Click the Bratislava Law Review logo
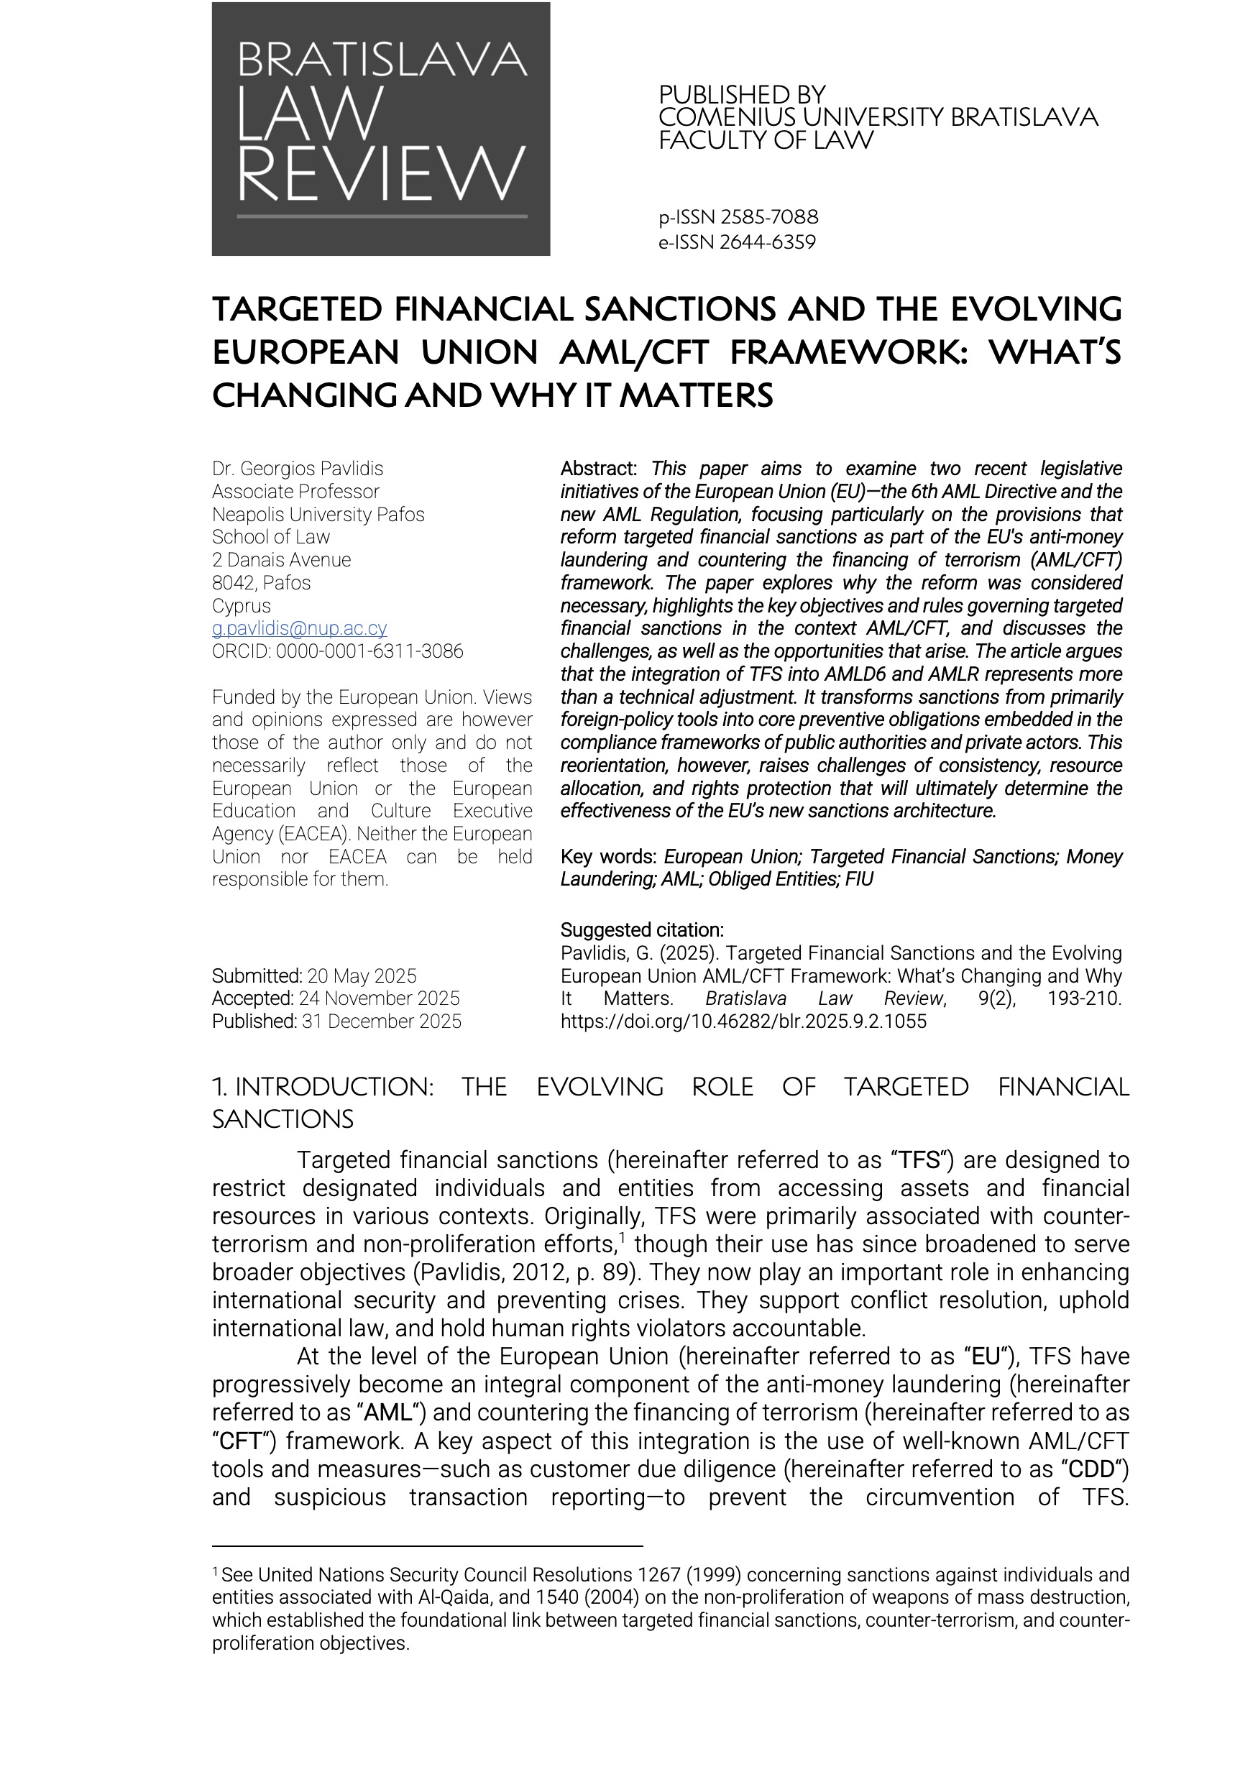point(380,129)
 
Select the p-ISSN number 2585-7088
point(769,216)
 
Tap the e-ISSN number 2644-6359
point(768,242)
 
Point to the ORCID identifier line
point(338,651)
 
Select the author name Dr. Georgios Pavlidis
point(297,469)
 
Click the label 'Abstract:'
point(598,469)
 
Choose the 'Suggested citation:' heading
point(642,929)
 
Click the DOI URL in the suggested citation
point(743,1021)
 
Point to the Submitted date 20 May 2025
point(362,975)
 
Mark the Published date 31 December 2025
point(381,1021)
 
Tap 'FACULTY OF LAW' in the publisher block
point(766,140)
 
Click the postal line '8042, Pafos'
point(262,583)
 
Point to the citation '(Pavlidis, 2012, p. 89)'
point(536,1272)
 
